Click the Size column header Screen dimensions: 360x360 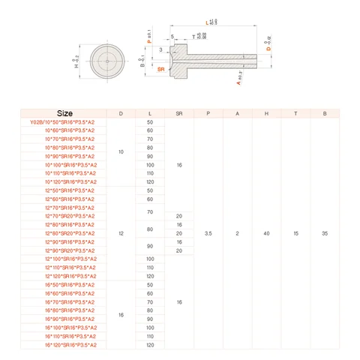pos(64,113)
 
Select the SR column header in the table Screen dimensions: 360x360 pos(179,113)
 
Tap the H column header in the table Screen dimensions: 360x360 pos(266,113)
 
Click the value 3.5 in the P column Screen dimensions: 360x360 pos(208,233)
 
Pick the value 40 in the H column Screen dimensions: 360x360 pos(266,233)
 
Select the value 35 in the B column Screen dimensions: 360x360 pos(325,233)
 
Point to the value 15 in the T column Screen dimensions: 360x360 pos(295,233)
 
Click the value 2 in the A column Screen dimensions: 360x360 pos(237,233)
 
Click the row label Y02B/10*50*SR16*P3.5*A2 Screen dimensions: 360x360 pos(64,122)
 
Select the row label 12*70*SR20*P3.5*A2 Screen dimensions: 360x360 pos(64,216)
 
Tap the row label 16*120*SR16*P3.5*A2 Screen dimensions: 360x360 pos(64,345)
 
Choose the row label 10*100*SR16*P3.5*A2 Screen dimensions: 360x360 pos(64,165)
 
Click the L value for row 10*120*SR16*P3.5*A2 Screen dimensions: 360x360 pos(150,182)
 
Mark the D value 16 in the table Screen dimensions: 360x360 pos(121,315)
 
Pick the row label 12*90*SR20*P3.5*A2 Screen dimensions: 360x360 pos(64,250)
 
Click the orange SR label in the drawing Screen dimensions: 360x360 pos(161,68)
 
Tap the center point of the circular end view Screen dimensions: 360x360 pos(109,61)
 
